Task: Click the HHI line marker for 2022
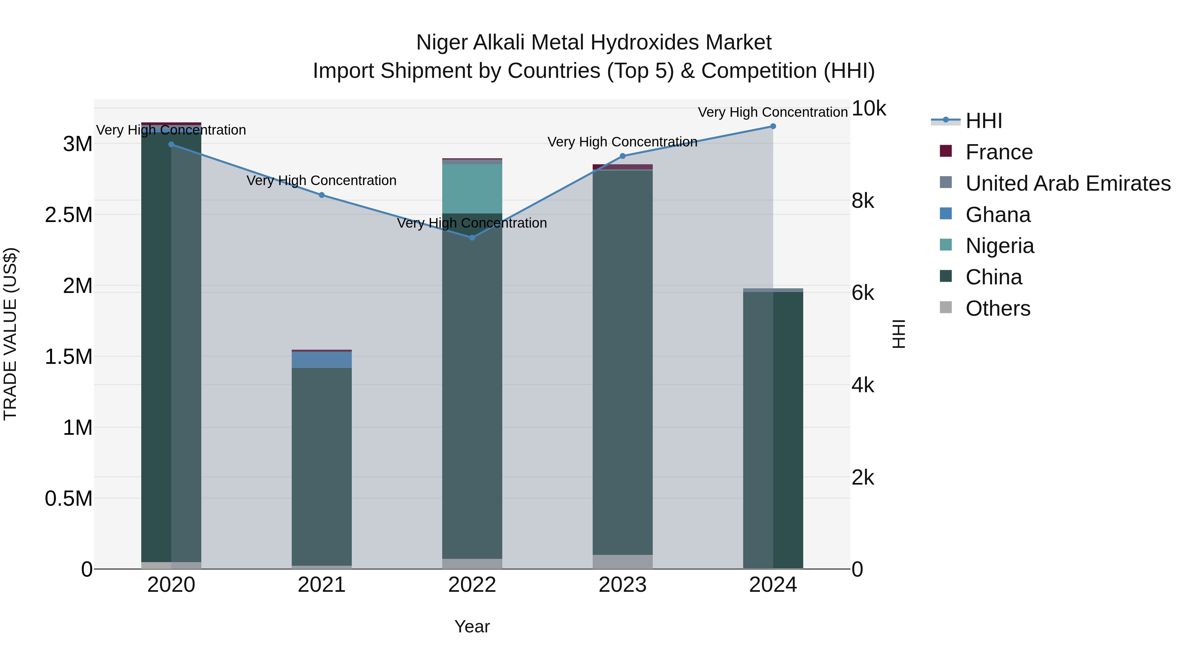coord(472,238)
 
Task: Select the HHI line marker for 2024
coord(773,126)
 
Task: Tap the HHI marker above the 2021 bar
coord(321,195)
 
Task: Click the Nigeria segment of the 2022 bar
coord(472,189)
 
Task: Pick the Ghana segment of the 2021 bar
coord(321,360)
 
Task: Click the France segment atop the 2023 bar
coord(622,167)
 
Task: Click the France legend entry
coord(999,152)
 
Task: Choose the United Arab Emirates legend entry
coord(1068,183)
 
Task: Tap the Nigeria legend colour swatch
coord(945,245)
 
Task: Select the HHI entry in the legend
coord(983,121)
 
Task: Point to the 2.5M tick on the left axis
coord(69,215)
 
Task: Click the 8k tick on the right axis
coord(862,201)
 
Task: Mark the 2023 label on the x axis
coord(622,585)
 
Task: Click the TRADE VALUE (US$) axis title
coord(10,334)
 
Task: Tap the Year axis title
coord(472,626)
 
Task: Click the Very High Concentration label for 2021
coord(321,180)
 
